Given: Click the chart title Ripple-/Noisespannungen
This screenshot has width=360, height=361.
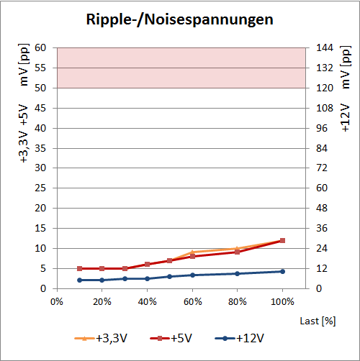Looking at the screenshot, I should click(x=179, y=19).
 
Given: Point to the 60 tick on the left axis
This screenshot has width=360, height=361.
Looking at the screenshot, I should click(x=40, y=48).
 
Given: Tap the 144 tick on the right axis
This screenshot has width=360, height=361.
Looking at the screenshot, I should click(x=325, y=48).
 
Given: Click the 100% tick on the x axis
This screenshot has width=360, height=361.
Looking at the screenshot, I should click(x=282, y=301).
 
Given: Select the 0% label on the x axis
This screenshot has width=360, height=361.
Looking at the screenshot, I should click(x=58, y=301).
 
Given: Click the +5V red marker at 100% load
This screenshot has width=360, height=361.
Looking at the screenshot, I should click(x=282, y=240).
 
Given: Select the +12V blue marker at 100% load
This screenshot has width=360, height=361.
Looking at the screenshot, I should click(x=282, y=271).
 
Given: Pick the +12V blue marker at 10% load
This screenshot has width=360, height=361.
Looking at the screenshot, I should click(x=80, y=280).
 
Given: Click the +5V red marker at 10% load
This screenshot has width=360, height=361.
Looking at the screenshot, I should click(x=80, y=268).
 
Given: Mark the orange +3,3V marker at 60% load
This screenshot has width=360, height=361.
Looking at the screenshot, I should click(x=192, y=252).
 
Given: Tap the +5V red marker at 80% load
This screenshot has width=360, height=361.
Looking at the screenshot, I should click(x=237, y=252).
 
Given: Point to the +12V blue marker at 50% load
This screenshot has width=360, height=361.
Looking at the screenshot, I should click(x=170, y=276).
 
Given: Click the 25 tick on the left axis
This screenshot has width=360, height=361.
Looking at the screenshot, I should click(x=40, y=188).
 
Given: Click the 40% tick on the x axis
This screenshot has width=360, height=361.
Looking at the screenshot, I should click(x=147, y=301).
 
